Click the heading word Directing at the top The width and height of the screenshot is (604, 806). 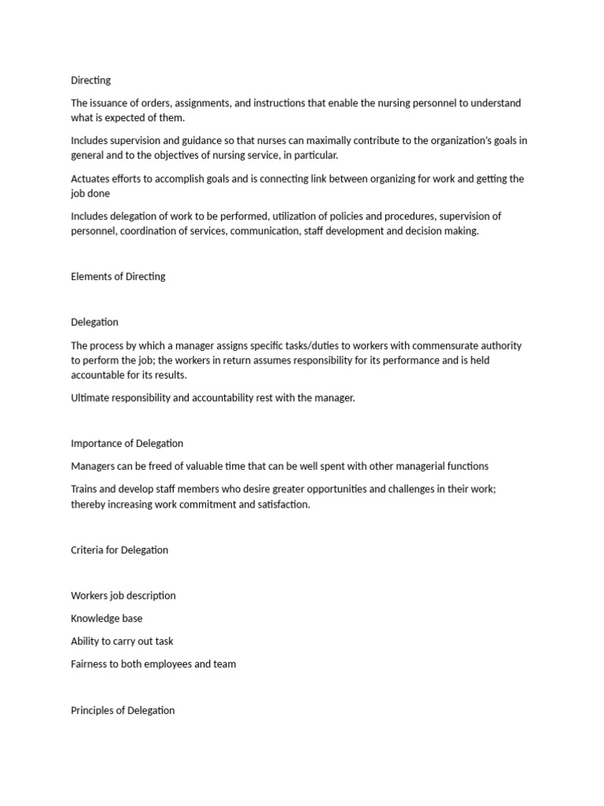click(x=90, y=80)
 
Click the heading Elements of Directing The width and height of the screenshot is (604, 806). click(x=118, y=276)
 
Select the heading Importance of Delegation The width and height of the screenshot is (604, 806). click(x=127, y=443)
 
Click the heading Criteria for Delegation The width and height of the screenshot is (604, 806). click(x=120, y=550)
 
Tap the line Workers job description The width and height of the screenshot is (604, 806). click(x=123, y=596)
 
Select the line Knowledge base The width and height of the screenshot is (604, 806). click(x=107, y=619)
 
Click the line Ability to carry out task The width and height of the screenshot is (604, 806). click(x=122, y=641)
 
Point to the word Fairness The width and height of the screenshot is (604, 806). click(x=89, y=664)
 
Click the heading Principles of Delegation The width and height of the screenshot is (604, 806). click(x=123, y=710)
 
